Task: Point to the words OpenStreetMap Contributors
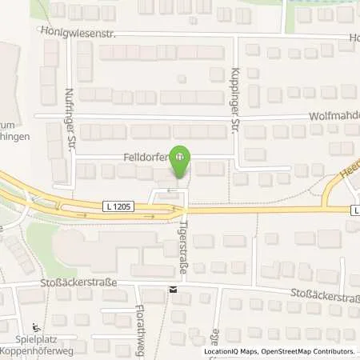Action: pos(314,351)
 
